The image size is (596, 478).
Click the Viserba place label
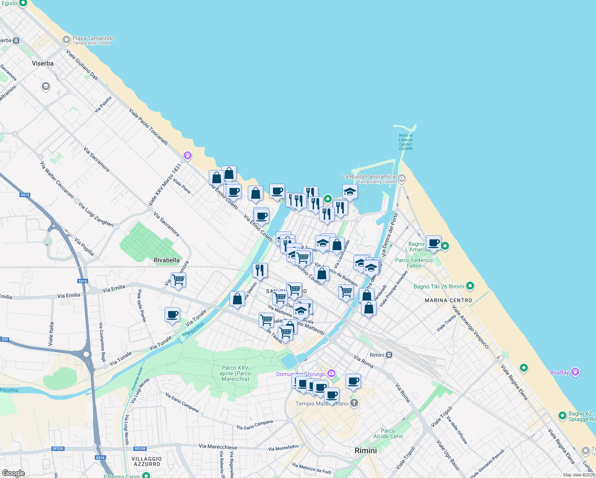(x=43, y=63)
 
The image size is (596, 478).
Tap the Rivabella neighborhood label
(x=167, y=260)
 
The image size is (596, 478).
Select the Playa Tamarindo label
(x=93, y=39)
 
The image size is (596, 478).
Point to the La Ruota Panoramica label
(x=369, y=176)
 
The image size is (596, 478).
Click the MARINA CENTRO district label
(x=448, y=300)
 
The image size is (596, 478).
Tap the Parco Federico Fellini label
(x=414, y=263)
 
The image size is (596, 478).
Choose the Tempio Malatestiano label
(x=322, y=404)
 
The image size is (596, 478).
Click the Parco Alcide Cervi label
(x=388, y=433)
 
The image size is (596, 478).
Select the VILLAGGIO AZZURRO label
(x=147, y=461)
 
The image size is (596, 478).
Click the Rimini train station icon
(x=389, y=355)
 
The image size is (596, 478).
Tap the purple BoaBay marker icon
(x=575, y=372)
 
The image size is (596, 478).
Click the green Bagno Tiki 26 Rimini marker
(x=470, y=286)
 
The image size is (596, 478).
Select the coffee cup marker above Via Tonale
(x=172, y=315)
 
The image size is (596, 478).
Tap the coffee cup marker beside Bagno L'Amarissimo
(x=433, y=243)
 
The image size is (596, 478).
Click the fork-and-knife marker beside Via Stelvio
(x=260, y=270)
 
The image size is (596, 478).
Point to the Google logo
(x=13, y=473)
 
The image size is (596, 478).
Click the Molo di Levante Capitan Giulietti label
(x=406, y=142)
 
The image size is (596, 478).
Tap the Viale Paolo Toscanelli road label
(x=148, y=126)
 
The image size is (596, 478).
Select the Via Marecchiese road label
(x=218, y=447)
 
